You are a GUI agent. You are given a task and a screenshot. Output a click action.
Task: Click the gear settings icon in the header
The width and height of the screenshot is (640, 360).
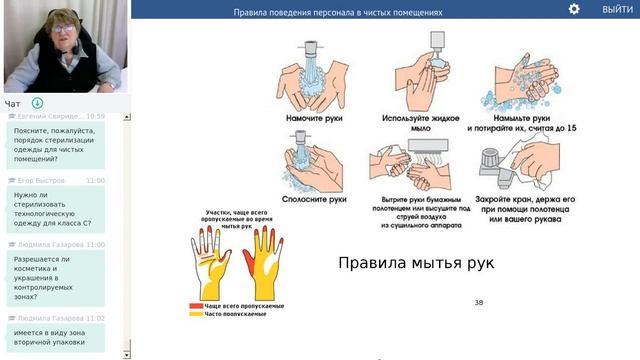[x=574, y=9]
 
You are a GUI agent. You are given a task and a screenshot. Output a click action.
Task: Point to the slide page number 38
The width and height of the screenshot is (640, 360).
[x=478, y=301]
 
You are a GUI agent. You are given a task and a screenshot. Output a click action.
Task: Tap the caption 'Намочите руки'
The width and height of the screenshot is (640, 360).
[x=316, y=119]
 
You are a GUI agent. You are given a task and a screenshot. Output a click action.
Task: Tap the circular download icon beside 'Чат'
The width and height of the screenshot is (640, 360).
[x=37, y=103]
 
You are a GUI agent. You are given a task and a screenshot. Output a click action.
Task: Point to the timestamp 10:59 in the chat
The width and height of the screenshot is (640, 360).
[x=95, y=116]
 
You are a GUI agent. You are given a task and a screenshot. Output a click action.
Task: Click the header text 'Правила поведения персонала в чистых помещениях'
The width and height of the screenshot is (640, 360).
[x=337, y=13]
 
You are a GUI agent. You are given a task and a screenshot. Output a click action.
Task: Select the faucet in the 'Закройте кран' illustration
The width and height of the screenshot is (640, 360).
[x=492, y=163]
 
